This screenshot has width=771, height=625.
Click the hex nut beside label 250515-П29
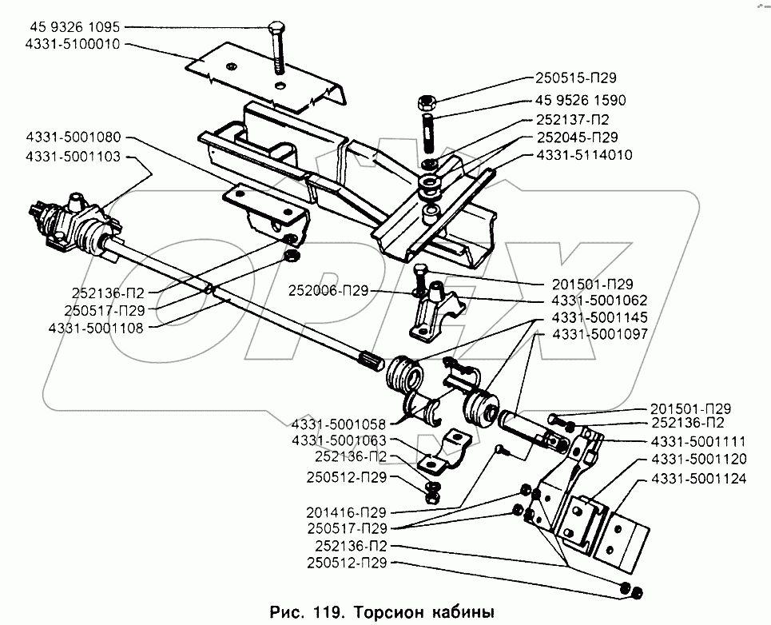[425, 103]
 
